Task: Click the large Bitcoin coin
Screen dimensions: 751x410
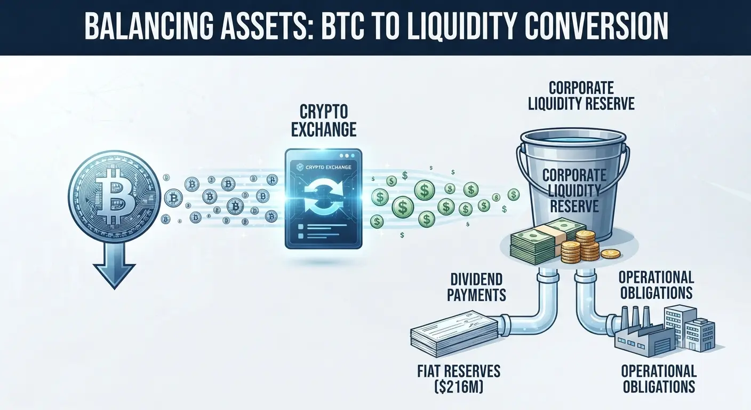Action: click(x=114, y=196)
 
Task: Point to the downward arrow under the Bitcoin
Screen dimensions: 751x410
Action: click(x=114, y=265)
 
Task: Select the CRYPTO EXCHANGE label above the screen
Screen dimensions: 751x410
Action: click(x=324, y=121)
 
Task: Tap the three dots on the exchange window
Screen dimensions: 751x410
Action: click(x=347, y=156)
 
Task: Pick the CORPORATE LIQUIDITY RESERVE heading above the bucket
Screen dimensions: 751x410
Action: click(x=581, y=96)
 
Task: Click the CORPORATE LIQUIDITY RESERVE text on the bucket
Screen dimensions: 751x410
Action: click(x=574, y=191)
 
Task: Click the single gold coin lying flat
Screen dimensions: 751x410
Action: click(x=611, y=254)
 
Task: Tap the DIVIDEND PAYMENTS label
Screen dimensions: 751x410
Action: click(x=476, y=287)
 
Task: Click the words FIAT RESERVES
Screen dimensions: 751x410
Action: click(x=459, y=371)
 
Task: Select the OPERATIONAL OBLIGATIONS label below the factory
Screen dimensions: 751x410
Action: click(x=659, y=379)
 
